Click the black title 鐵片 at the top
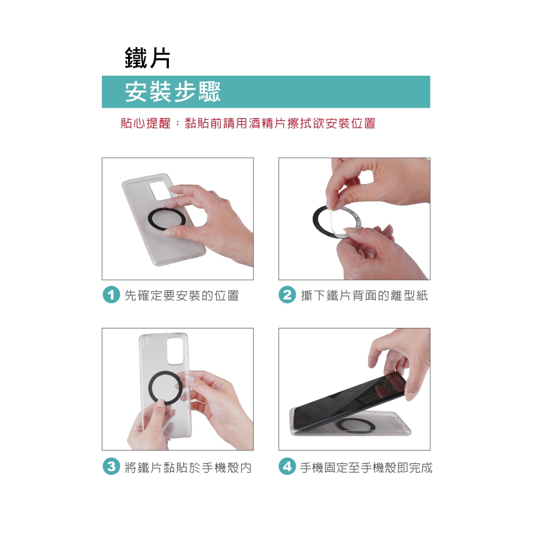tap(147, 58)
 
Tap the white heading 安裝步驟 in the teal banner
tap(173, 91)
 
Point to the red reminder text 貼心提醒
tap(146, 123)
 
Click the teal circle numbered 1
tap(111, 295)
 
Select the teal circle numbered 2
tap(287, 295)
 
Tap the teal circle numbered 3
tap(111, 466)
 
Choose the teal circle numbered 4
tap(287, 466)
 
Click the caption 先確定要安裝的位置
tap(182, 295)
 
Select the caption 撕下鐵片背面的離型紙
tap(365, 295)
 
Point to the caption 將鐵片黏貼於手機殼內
tap(188, 467)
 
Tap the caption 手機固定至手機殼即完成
tap(366, 467)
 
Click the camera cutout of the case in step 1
tap(161, 191)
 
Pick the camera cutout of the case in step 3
tap(175, 352)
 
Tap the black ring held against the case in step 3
tap(150, 388)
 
